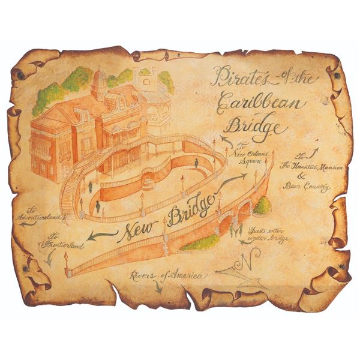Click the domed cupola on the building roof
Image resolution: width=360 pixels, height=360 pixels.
click(x=99, y=81)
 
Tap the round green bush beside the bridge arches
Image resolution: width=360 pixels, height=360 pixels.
click(x=262, y=206)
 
